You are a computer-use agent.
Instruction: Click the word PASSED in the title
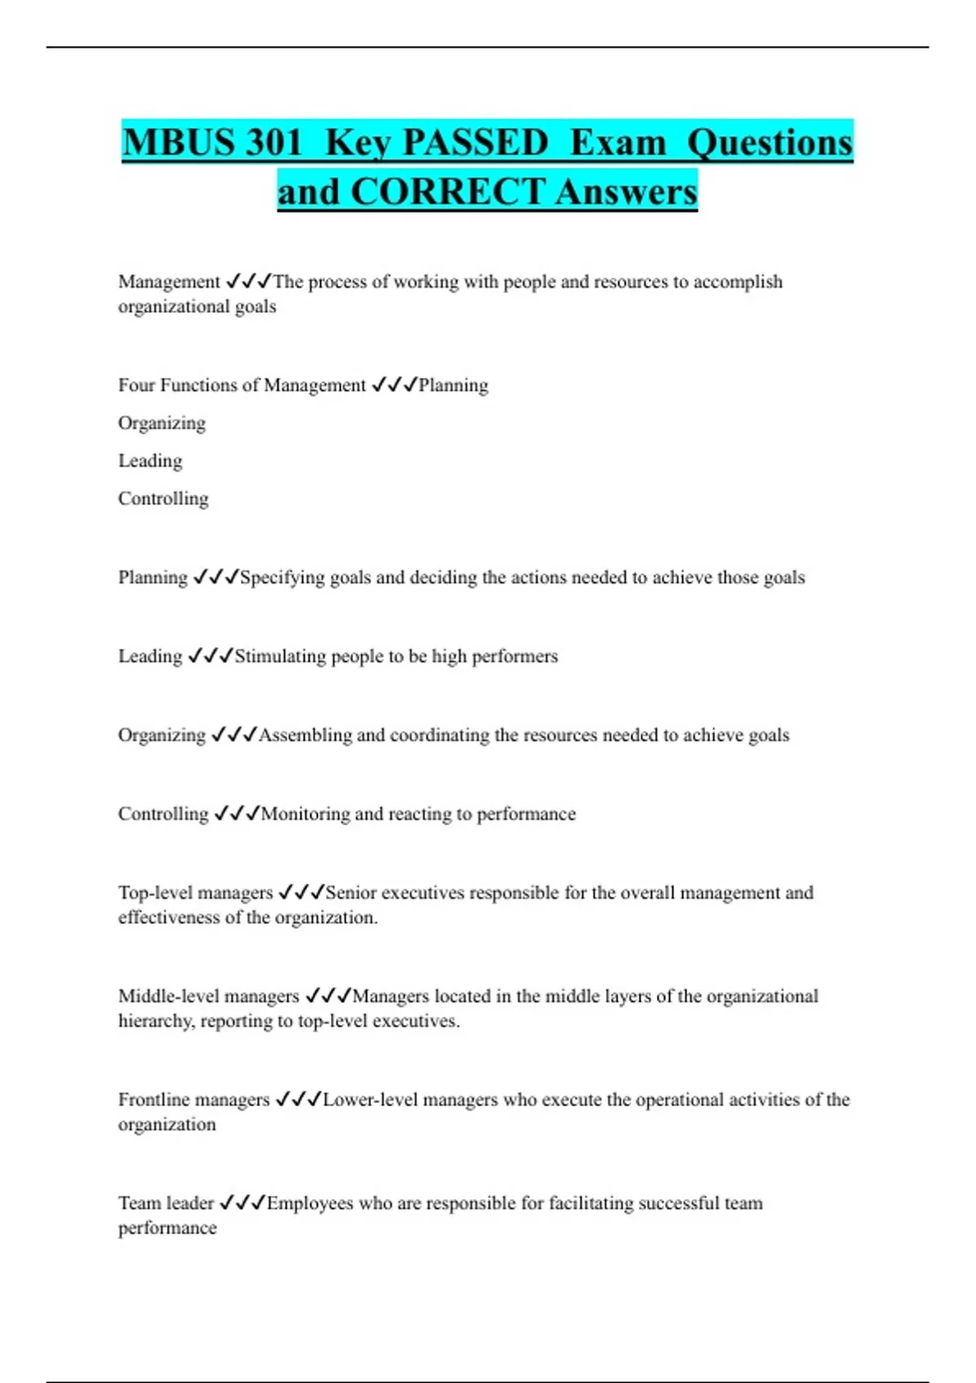476,142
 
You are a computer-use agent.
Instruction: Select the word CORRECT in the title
447,192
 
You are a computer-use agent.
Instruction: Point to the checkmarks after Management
248,281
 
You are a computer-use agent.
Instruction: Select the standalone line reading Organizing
162,423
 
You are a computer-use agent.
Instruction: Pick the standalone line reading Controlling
163,498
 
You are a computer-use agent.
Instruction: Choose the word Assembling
305,735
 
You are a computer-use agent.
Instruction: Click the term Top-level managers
195,892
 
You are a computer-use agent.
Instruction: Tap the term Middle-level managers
209,996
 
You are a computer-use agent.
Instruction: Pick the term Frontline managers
194,1099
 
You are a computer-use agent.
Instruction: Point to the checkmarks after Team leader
242,1202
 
